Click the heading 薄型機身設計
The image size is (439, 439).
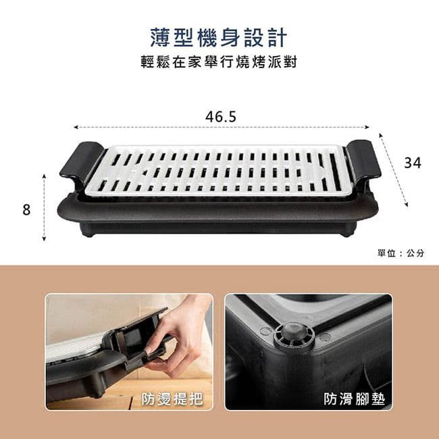219,38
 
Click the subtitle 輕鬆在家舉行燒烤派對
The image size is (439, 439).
219,62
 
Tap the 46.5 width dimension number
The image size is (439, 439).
221,117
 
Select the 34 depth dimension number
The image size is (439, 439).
413,163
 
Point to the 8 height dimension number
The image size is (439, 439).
26,210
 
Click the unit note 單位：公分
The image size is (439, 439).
401,253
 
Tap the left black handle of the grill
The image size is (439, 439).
82,162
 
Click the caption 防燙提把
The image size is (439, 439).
172,398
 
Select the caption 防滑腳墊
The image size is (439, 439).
354,398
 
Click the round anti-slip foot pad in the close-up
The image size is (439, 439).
294,334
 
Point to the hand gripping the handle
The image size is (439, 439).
179,336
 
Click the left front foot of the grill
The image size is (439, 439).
88,233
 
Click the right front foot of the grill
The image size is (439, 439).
347,233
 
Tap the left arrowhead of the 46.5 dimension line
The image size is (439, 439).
75,128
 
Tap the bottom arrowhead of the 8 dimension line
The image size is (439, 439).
44,239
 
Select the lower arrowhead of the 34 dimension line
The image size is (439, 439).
407,205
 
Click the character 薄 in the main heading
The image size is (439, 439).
160,38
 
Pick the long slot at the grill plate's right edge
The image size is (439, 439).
335,172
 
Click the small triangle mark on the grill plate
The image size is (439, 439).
145,173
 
